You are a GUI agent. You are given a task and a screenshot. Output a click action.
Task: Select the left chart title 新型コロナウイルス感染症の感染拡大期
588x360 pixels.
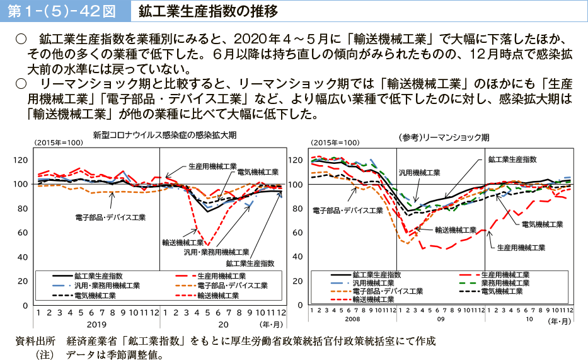click(x=164, y=135)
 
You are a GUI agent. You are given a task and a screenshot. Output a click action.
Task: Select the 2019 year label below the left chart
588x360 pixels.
click(x=96, y=324)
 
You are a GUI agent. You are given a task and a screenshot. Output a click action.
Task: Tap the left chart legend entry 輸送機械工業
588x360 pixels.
click(x=217, y=295)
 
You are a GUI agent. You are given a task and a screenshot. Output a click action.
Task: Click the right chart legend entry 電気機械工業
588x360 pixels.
click(x=502, y=291)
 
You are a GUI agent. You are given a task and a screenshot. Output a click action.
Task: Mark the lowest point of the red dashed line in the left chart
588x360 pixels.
click(x=207, y=245)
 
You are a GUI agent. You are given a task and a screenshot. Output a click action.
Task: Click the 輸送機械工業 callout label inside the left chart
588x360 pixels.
click(x=182, y=241)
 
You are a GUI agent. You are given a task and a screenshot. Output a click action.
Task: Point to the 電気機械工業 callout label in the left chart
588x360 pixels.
click(x=257, y=172)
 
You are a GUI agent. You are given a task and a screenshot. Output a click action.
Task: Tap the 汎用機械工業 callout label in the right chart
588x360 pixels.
click(x=418, y=172)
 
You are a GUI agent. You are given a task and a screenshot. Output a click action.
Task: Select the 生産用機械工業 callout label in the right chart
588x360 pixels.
click(x=521, y=247)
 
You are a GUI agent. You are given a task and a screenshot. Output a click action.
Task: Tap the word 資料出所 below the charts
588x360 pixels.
click(x=35, y=341)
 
